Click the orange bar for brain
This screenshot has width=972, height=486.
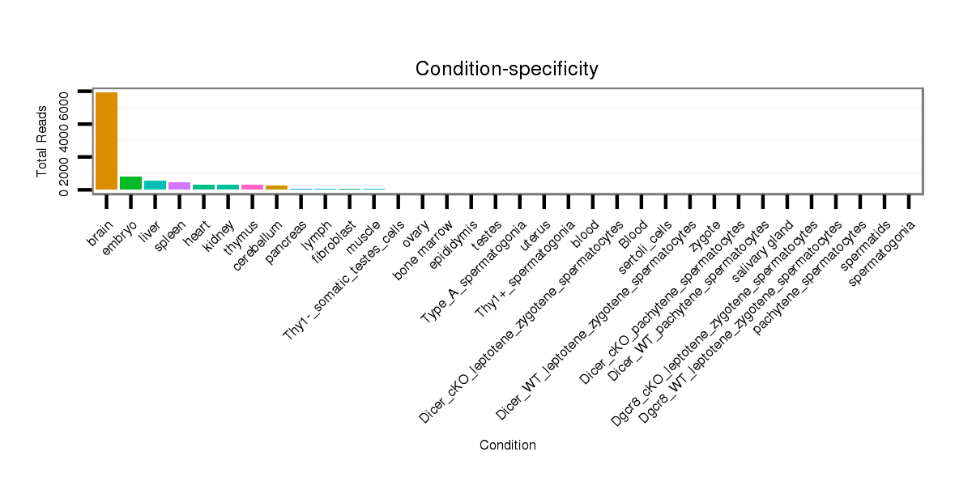pos(106,141)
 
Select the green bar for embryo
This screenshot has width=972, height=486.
pos(130,183)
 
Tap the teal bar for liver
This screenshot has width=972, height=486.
pos(155,185)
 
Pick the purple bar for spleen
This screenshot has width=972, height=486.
pos(179,186)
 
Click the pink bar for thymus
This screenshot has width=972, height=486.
pos(252,187)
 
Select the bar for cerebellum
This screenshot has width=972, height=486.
pos(276,187)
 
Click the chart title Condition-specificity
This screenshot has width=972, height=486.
pos(506,70)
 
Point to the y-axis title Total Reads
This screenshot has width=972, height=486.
pos(42,142)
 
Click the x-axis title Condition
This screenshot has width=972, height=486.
pos(507,446)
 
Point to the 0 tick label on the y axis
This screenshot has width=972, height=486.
pos(63,190)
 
